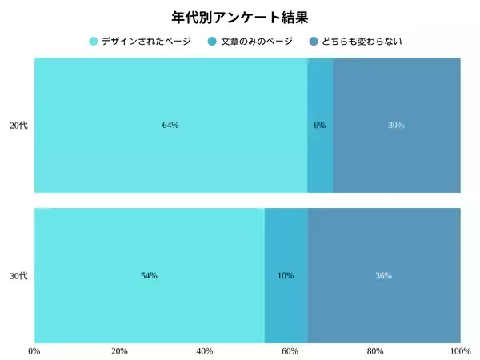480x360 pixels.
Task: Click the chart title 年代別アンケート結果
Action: (x=240, y=17)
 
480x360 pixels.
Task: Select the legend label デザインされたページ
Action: (x=146, y=41)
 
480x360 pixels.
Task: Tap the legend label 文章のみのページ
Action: (x=257, y=41)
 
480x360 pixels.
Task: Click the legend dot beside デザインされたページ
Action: (x=94, y=41)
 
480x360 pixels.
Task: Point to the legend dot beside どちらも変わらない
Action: (x=314, y=41)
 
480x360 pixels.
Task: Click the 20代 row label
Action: (x=18, y=126)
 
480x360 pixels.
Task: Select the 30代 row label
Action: (x=18, y=276)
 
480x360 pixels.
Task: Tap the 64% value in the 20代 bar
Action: (x=170, y=126)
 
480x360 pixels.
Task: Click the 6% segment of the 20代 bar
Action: (x=320, y=126)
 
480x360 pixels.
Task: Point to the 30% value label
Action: (x=396, y=126)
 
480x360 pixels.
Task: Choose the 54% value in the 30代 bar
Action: (x=149, y=276)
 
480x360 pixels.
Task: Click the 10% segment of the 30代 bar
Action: (x=286, y=276)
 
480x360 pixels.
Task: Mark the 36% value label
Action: (x=383, y=276)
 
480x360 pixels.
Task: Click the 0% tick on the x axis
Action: (x=34, y=350)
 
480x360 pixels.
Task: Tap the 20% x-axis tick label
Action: (x=119, y=350)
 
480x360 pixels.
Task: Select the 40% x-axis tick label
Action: (x=205, y=350)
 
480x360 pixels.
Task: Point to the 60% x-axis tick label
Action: (x=290, y=350)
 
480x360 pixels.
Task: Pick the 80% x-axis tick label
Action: (x=375, y=350)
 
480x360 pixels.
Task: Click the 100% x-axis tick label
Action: (x=460, y=350)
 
